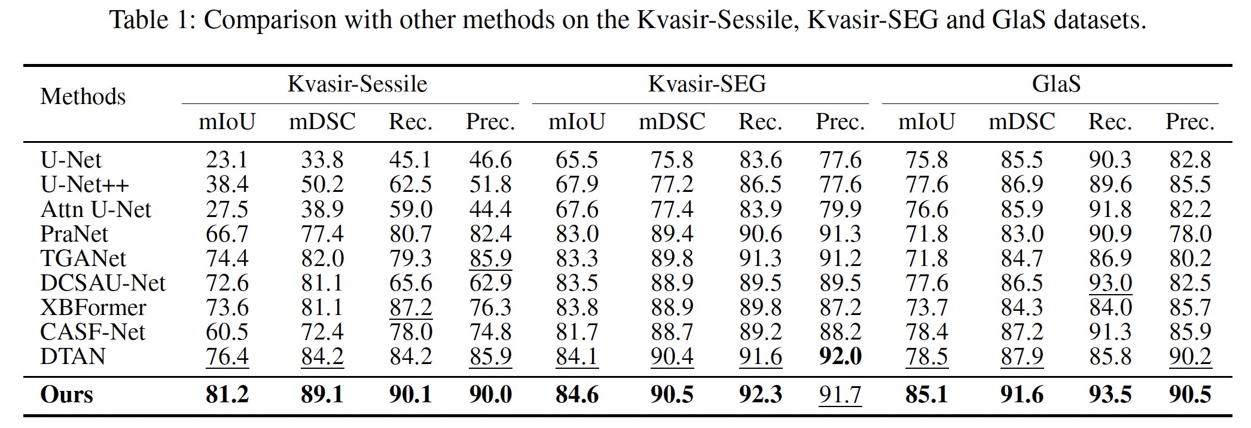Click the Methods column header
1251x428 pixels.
click(x=83, y=97)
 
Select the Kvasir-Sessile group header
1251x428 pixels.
click(x=357, y=84)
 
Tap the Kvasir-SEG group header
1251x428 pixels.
click(x=707, y=84)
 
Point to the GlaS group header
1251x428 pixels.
click(x=1056, y=84)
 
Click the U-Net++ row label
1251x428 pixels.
click(x=84, y=185)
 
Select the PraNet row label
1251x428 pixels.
click(x=74, y=234)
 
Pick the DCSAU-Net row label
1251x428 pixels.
click(x=103, y=283)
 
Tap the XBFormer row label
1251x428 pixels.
click(x=93, y=307)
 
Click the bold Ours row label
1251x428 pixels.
click(x=66, y=395)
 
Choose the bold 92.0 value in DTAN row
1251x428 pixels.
click(x=840, y=356)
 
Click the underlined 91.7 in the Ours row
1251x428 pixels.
click(x=840, y=395)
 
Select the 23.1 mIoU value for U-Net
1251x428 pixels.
click(x=227, y=160)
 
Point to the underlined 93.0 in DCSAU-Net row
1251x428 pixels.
click(x=1110, y=283)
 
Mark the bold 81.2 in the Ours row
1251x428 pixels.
click(x=227, y=395)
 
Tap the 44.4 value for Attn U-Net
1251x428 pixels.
click(x=490, y=209)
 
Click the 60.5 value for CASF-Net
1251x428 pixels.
click(x=227, y=332)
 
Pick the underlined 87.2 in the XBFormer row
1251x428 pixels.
click(x=410, y=307)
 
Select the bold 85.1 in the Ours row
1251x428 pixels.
click(x=926, y=395)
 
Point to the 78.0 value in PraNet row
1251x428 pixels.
click(x=1190, y=234)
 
